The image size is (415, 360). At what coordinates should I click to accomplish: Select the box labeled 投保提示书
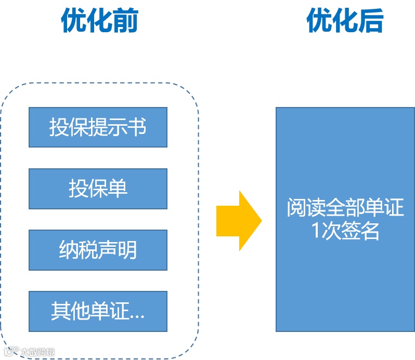coord(98,127)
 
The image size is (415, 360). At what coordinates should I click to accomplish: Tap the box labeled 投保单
coord(98,189)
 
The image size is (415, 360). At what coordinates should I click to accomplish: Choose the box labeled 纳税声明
coord(98,250)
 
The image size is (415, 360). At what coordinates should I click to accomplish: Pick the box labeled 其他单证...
coord(98,311)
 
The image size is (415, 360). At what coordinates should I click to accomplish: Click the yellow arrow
coord(239,221)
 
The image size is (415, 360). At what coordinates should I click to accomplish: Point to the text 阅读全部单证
coord(345,209)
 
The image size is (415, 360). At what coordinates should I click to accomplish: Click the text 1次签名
coord(345,231)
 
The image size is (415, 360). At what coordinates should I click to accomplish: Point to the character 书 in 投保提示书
coord(137,127)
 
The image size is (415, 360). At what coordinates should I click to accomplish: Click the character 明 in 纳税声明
coord(127,250)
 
